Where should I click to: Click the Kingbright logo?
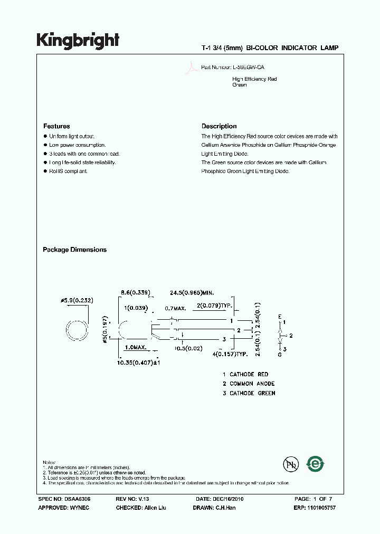click(x=78, y=40)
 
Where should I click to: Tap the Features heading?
click(x=56, y=126)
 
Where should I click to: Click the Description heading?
click(x=219, y=126)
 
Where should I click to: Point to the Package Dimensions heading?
click(x=74, y=250)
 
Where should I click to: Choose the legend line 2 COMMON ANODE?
click(x=249, y=384)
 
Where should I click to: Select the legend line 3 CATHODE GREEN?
click(x=249, y=393)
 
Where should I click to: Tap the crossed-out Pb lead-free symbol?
click(x=290, y=464)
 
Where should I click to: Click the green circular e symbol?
click(x=316, y=464)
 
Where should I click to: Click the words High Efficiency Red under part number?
click(x=254, y=79)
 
